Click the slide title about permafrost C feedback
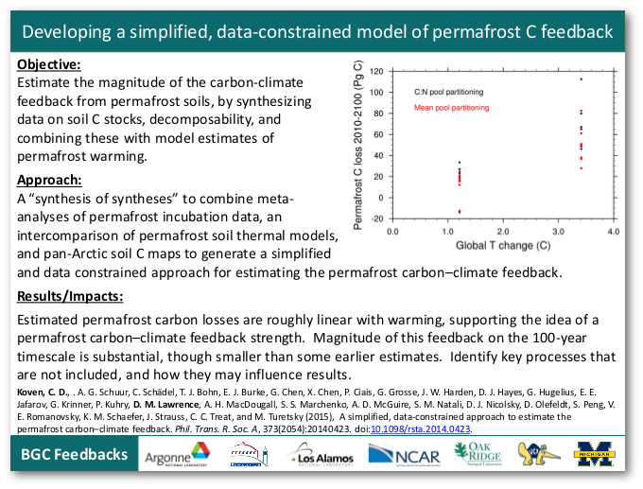pyautogui.click(x=318, y=31)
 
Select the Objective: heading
pyautogui.click(x=49, y=65)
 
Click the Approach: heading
pyautogui.click(x=50, y=180)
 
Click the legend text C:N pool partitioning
pyautogui.click(x=449, y=93)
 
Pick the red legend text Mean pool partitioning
pyautogui.click(x=452, y=108)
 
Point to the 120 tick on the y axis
pyautogui.click(x=376, y=72)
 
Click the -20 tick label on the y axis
pyautogui.click(x=376, y=218)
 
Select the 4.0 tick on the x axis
pyautogui.click(x=613, y=231)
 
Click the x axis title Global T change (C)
pyautogui.click(x=501, y=245)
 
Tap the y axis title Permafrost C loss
pyautogui.click(x=358, y=145)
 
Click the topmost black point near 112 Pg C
pyautogui.click(x=581, y=79)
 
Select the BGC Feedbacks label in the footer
pyautogui.click(x=75, y=455)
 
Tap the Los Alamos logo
pyautogui.click(x=321, y=457)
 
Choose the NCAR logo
pyautogui.click(x=408, y=457)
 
